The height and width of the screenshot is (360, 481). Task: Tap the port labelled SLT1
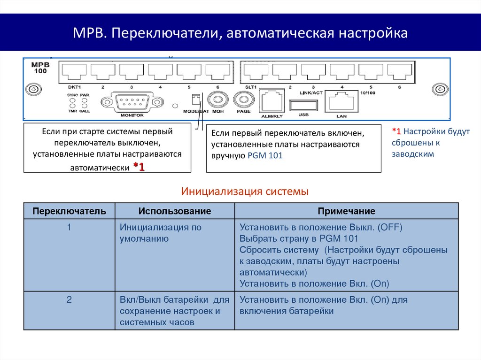click(x=256, y=72)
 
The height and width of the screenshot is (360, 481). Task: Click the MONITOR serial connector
click(x=132, y=101)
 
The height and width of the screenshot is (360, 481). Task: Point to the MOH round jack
click(x=217, y=100)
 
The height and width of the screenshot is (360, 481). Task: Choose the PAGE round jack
click(x=243, y=100)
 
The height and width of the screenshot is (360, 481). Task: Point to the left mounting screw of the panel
click(x=33, y=90)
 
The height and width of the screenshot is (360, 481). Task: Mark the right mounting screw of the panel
click(x=440, y=90)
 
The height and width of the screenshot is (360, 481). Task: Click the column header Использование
click(x=174, y=211)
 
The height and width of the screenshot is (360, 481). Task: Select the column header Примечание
click(x=346, y=211)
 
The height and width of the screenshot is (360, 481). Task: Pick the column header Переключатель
click(x=69, y=211)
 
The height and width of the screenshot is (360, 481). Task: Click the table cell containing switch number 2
click(x=69, y=299)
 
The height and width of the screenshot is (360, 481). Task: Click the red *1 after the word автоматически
click(x=139, y=167)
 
